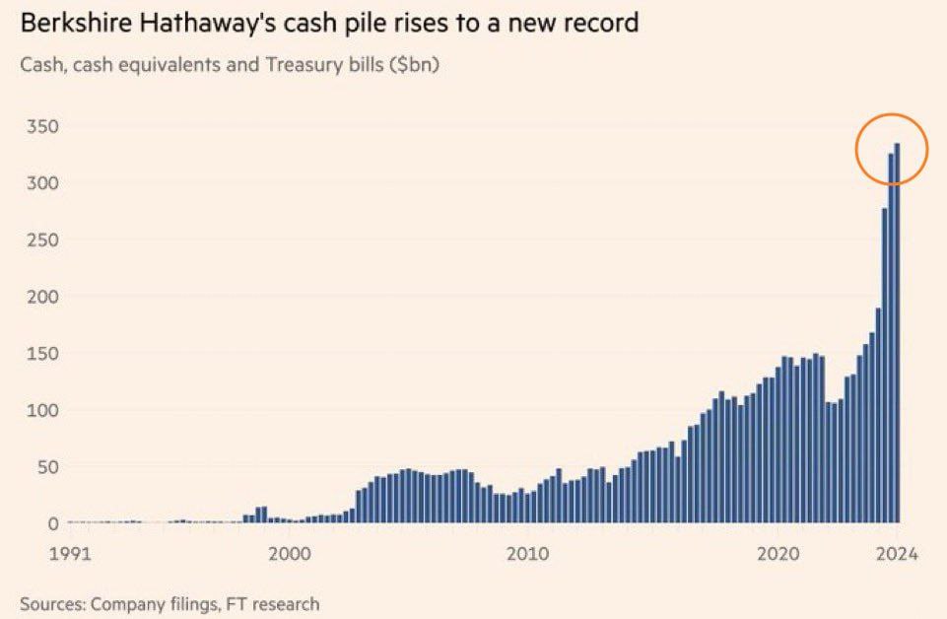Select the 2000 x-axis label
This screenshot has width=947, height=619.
pos(291,553)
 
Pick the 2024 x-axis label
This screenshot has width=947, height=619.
pos(897,553)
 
